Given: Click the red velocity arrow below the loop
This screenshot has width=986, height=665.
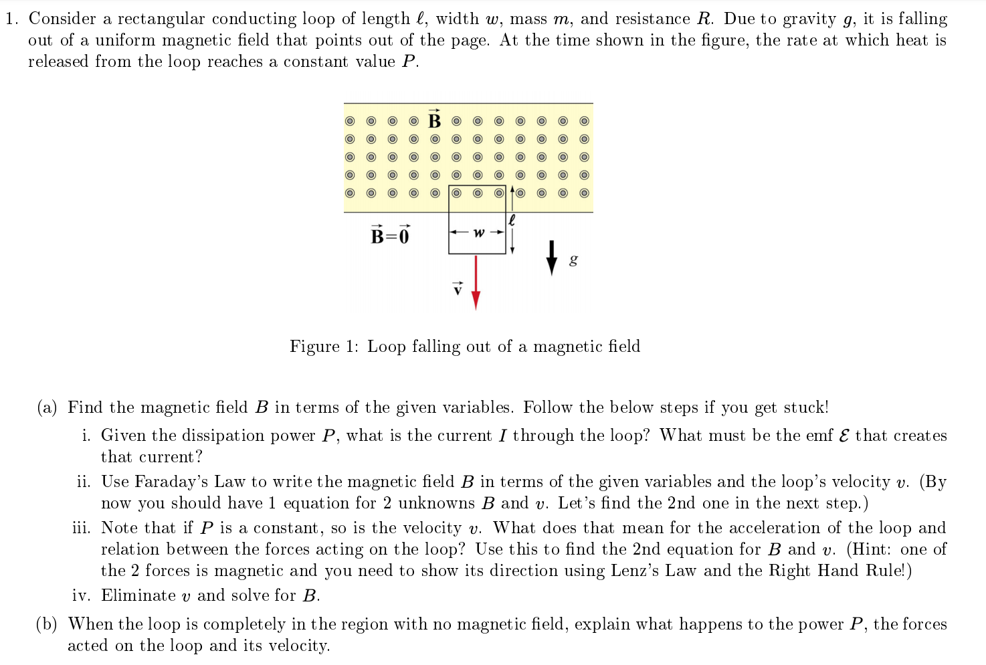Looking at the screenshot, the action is click(x=476, y=281).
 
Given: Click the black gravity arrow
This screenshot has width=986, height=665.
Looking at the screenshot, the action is click(x=551, y=258).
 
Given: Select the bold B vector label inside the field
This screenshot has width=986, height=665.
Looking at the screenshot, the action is click(x=435, y=120).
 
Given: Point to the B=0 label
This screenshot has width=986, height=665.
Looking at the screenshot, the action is click(x=390, y=235).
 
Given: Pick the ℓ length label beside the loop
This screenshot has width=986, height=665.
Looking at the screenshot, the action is click(x=512, y=219).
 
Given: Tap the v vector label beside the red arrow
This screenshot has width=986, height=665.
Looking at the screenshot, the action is click(x=458, y=289).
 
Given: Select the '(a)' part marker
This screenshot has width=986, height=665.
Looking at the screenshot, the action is click(x=47, y=407).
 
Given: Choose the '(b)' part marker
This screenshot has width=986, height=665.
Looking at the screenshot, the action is click(x=47, y=624).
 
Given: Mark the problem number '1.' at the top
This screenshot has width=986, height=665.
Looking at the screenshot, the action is click(x=11, y=19).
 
